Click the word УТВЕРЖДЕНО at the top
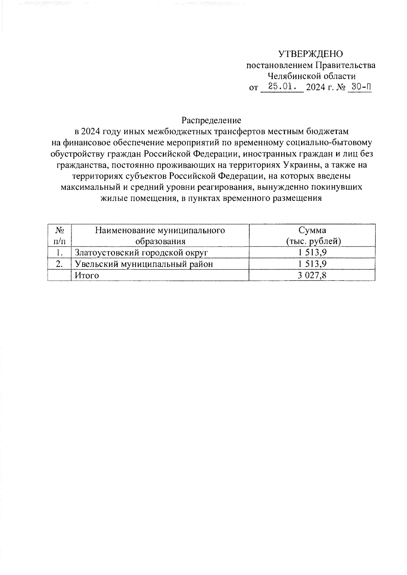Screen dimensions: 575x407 (x=310, y=54)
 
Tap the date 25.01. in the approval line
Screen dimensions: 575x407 (x=281, y=87)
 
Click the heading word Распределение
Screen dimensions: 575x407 (x=211, y=120)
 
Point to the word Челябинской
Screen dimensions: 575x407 (x=294, y=76)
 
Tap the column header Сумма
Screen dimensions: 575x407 (x=312, y=230)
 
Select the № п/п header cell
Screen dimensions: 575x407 (x=60, y=235)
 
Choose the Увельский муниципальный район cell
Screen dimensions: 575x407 (x=144, y=264)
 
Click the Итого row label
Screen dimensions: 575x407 (x=87, y=275)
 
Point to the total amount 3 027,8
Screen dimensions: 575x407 (x=312, y=275)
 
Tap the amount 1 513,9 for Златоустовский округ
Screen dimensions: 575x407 (x=312, y=253)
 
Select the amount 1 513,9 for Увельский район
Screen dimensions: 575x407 (x=312, y=264)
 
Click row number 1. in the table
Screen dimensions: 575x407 (x=60, y=253)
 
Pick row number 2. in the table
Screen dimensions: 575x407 (x=60, y=264)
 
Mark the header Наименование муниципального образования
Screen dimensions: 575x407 (x=160, y=235)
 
